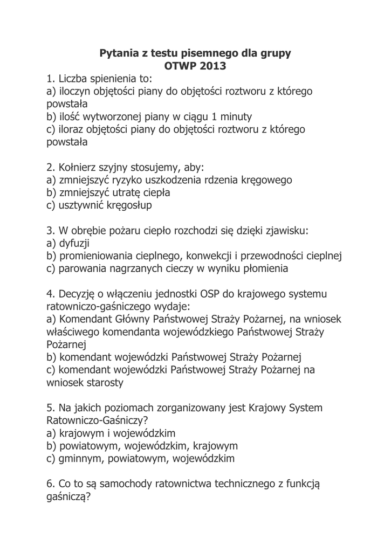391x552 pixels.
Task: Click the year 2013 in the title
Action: [213, 66]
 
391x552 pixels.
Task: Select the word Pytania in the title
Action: [120, 53]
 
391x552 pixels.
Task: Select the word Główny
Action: [128, 319]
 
